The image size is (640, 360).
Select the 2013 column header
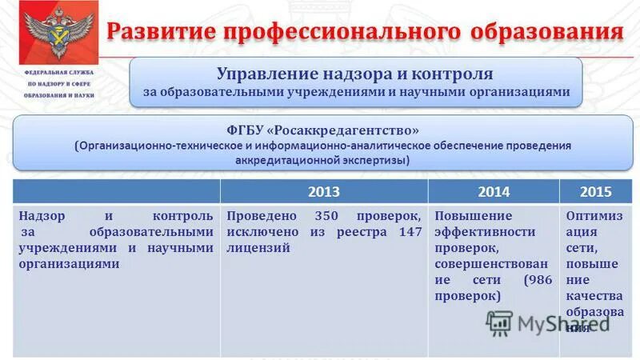click(x=323, y=192)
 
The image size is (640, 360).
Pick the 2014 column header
click(x=494, y=192)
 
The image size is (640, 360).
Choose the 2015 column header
click(x=596, y=192)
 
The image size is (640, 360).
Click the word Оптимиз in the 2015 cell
click(x=591, y=217)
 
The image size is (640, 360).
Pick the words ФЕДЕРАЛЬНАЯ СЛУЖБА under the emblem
click(x=58, y=72)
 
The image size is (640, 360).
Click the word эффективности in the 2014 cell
click(x=485, y=232)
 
